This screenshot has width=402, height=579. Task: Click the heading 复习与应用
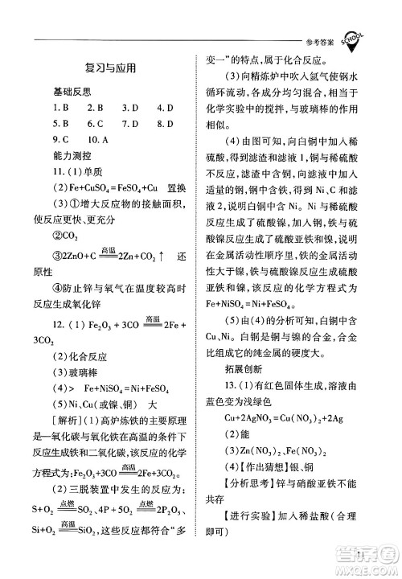109,68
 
